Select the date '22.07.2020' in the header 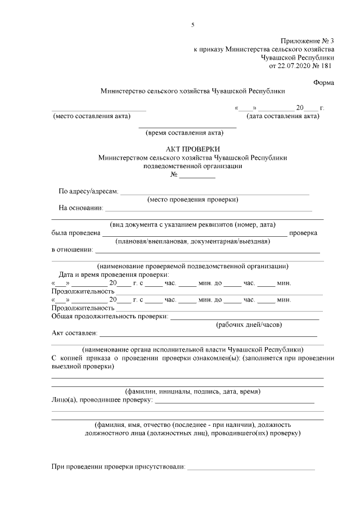296,65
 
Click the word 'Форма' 323,83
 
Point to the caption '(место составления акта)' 92,116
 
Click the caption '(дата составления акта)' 283,116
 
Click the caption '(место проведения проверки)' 193,200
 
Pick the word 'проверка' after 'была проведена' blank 303,233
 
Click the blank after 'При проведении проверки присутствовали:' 251,468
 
